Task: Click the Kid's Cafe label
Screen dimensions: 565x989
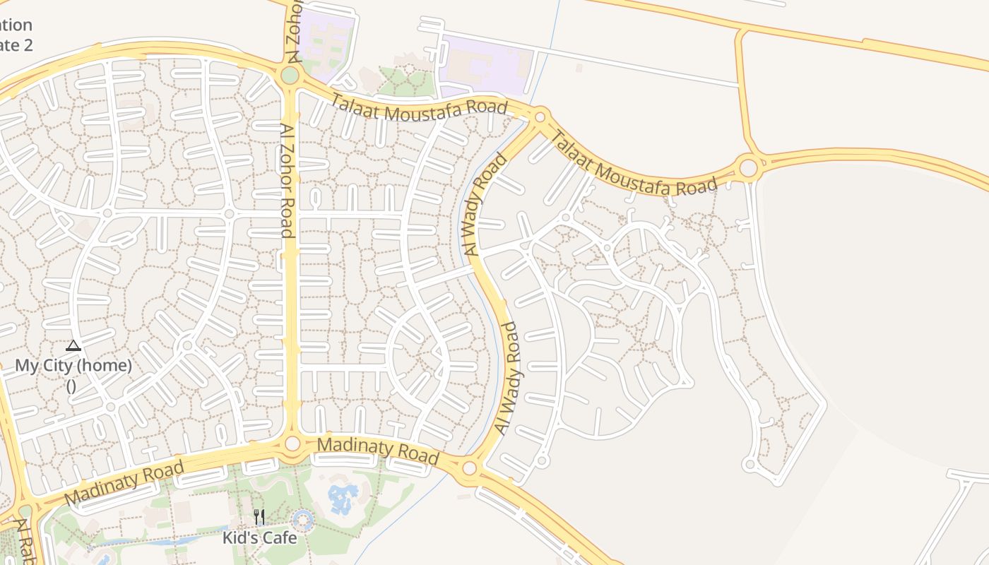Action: point(259,537)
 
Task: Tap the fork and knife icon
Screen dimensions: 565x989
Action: point(259,517)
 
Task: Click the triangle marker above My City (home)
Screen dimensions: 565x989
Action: point(73,345)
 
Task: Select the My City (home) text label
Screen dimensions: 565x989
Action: point(73,366)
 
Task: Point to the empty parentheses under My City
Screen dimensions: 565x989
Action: point(71,386)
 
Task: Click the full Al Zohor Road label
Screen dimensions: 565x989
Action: point(287,181)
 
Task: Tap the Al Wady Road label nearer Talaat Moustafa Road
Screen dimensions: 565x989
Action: point(487,204)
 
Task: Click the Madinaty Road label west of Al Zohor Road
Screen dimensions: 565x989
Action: point(124,482)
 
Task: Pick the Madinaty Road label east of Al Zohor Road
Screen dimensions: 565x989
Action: point(378,450)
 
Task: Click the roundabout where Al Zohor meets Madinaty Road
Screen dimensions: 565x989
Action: point(292,444)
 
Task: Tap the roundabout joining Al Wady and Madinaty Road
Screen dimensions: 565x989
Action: point(470,468)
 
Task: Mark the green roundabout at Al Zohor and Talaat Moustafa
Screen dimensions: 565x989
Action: point(290,75)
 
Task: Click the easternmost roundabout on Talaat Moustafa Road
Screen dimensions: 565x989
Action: point(748,168)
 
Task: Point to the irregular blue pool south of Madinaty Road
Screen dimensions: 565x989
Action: point(343,498)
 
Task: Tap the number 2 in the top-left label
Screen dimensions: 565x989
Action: point(28,45)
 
